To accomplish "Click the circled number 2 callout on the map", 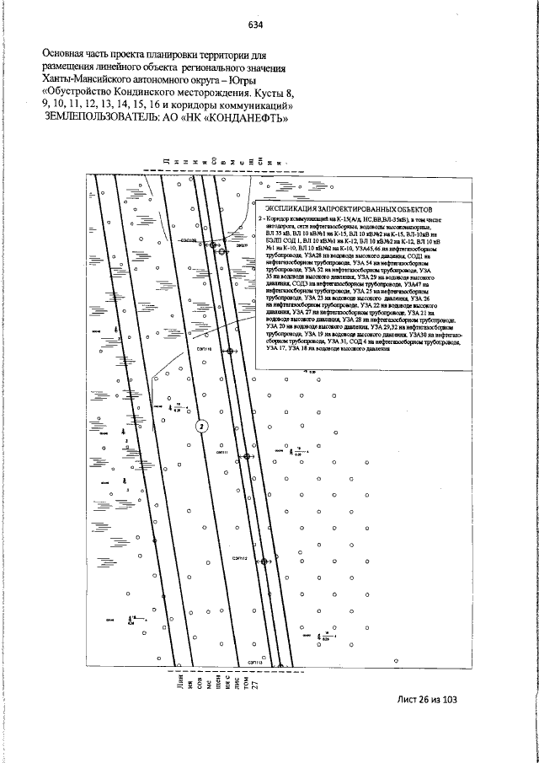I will (x=201, y=426).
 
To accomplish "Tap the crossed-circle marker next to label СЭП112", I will (x=263, y=561).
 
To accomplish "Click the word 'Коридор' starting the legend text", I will (x=283, y=218).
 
